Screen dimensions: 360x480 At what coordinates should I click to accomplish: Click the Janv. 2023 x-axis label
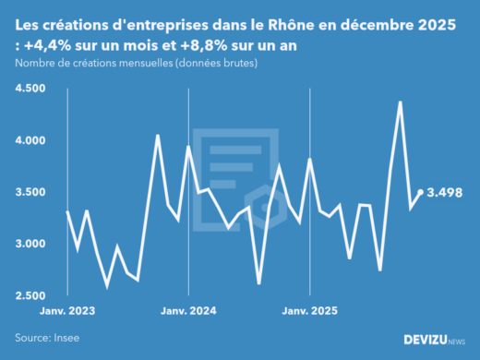click(67, 311)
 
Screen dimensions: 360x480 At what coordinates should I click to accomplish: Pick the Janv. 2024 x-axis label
click(188, 311)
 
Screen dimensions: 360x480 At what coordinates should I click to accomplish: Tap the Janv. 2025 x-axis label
click(310, 311)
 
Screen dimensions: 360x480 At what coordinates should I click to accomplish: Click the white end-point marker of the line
click(421, 192)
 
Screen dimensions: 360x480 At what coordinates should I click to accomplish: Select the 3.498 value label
click(445, 192)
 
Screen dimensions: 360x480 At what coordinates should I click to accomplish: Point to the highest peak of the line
click(400, 102)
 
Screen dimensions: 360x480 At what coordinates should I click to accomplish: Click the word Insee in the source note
click(66, 338)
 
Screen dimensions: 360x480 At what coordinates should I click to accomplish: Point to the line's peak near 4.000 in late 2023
click(158, 136)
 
